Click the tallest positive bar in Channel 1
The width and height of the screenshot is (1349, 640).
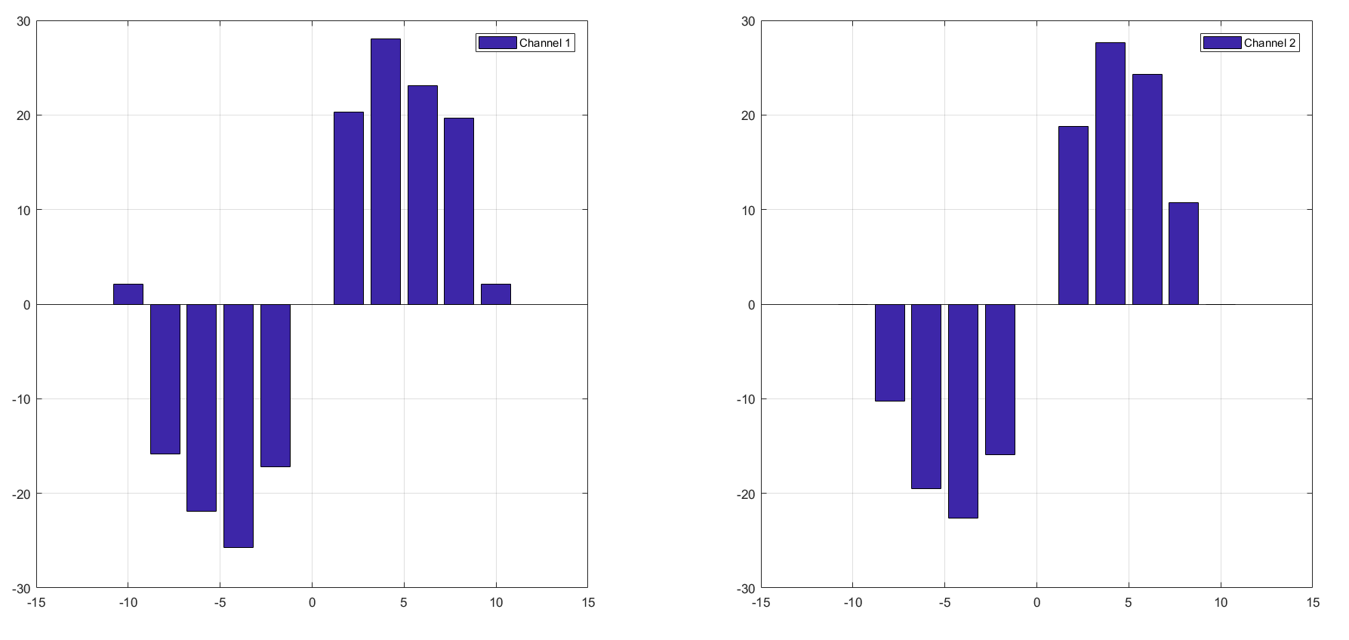coord(385,171)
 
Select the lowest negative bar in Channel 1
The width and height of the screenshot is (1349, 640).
coord(238,426)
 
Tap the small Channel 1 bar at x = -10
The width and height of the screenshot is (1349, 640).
coord(128,294)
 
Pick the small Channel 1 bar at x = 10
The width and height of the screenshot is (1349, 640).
coord(495,294)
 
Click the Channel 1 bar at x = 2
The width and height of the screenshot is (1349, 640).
coord(348,208)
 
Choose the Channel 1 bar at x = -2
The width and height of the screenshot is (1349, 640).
coord(275,385)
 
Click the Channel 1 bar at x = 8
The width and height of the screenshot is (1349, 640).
coord(458,211)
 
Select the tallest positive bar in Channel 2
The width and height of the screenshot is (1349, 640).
coord(1110,174)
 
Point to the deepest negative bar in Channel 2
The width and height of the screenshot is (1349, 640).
coord(962,411)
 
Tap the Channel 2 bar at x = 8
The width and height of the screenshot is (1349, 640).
coord(1183,254)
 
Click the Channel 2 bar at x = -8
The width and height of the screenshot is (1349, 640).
coord(889,352)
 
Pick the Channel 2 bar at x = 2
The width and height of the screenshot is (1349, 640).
coord(1073,215)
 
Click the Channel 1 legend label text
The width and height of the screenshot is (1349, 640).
coord(544,43)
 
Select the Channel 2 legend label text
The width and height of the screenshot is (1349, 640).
coord(1269,43)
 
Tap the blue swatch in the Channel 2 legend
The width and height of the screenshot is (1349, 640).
coord(1221,43)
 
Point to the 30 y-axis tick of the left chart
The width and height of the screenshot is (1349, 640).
coord(23,21)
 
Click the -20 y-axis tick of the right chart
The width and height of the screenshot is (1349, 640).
coord(745,494)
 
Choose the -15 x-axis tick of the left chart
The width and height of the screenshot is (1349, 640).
coord(35,602)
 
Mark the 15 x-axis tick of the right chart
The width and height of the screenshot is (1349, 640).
coord(1313,602)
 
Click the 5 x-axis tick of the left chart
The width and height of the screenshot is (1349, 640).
coord(403,602)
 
